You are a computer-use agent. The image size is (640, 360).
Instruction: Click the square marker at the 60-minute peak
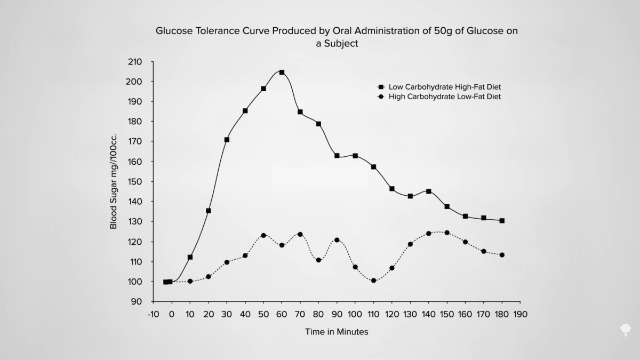[x=282, y=72]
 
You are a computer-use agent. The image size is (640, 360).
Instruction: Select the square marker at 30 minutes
[x=227, y=140]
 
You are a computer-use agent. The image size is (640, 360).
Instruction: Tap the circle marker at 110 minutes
[x=373, y=281]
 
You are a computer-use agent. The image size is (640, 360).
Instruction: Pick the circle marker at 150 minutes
[x=447, y=233]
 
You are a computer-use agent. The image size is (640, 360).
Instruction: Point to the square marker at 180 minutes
[x=502, y=220]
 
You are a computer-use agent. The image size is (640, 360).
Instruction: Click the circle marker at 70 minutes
[x=300, y=234]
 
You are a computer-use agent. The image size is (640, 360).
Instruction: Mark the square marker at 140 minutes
[x=428, y=191]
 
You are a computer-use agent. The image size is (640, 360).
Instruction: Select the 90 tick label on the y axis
[x=138, y=302]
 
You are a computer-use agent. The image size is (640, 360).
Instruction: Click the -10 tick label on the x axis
[x=153, y=314]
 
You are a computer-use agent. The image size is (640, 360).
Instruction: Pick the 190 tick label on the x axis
[x=521, y=314]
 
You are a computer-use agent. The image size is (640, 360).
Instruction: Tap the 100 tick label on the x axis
[x=355, y=314]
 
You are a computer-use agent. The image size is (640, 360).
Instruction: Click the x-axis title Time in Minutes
[x=337, y=332]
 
